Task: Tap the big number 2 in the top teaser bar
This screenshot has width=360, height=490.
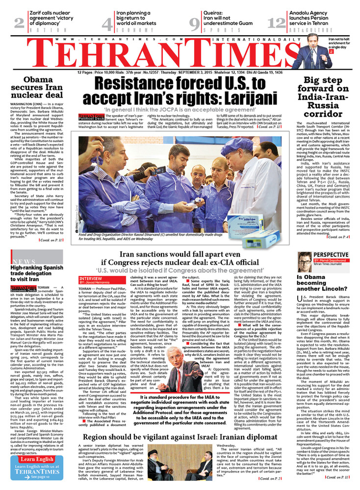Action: pyautogui.click(x=20, y=23)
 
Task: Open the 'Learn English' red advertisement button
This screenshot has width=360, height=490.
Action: pyautogui.click(x=37, y=460)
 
